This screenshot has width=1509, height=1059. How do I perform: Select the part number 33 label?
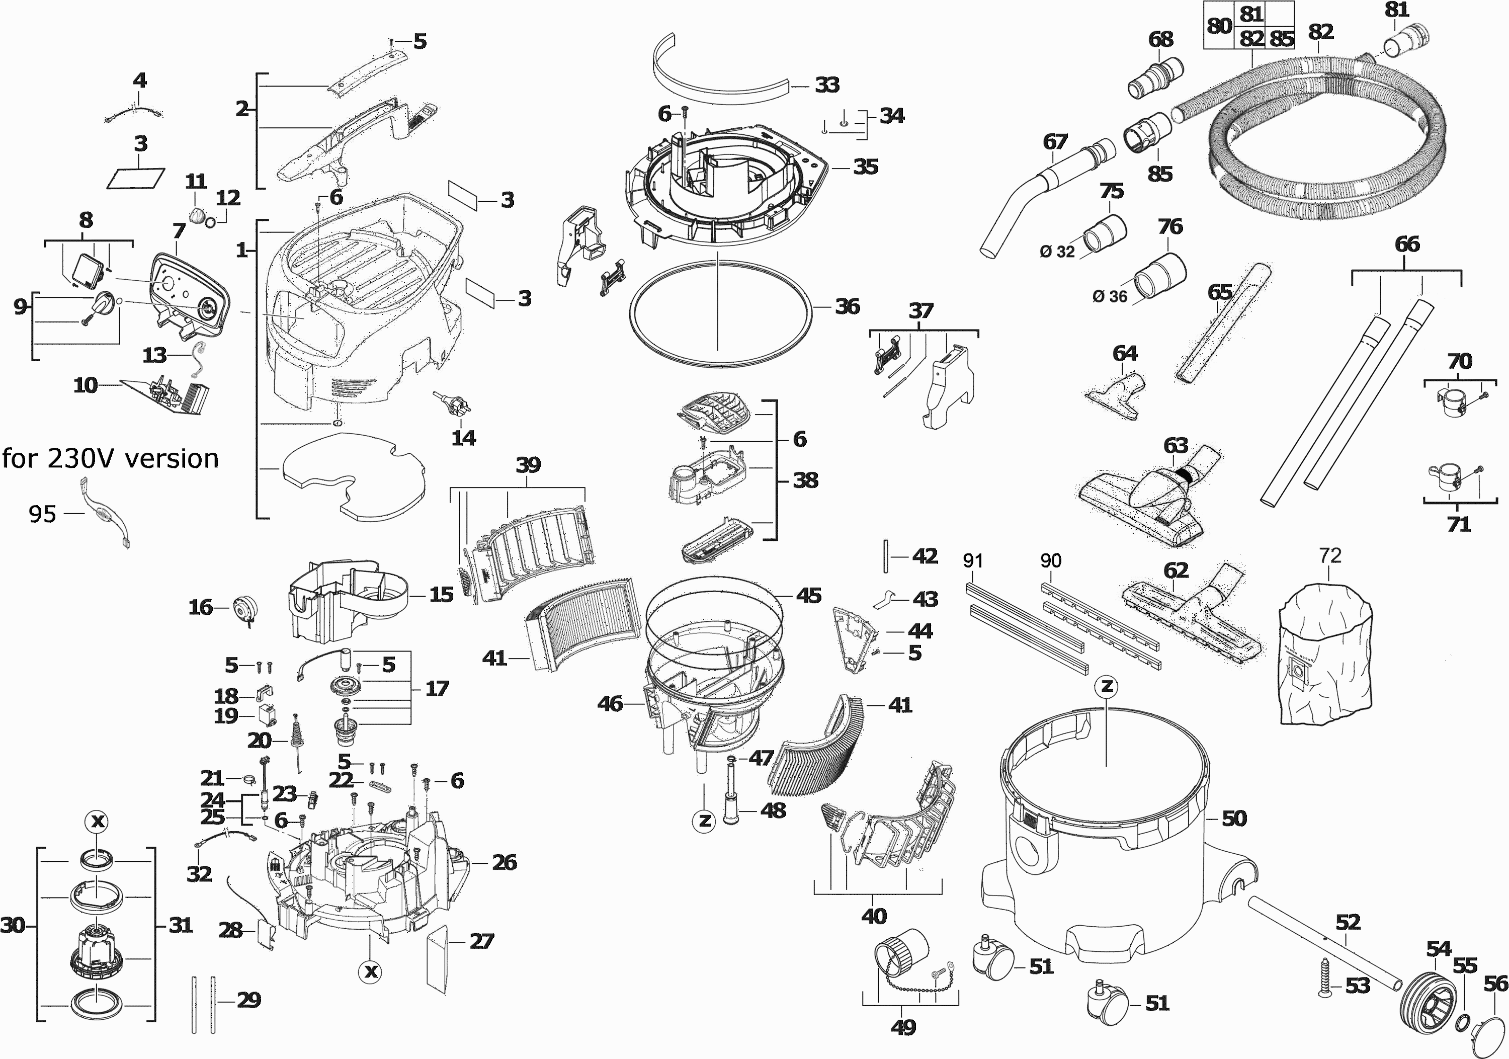(x=827, y=85)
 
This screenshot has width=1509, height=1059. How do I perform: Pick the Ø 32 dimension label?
(x=1057, y=251)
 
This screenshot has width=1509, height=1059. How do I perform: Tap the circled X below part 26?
(x=371, y=971)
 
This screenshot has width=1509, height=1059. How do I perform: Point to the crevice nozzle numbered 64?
(x=1117, y=393)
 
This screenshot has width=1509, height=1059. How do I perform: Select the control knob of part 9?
(x=103, y=304)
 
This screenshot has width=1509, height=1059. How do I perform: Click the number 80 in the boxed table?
(x=1219, y=26)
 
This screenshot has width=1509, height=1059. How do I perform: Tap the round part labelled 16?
(x=244, y=609)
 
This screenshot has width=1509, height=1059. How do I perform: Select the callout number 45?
(x=808, y=595)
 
